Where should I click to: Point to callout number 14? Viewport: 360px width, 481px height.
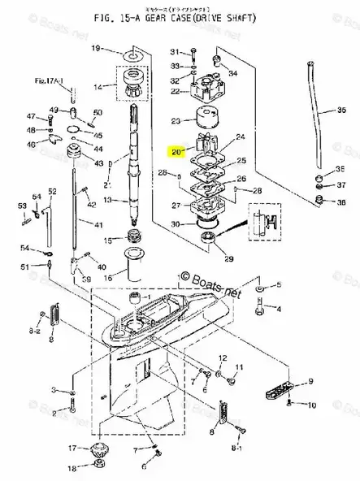[x=98, y=86]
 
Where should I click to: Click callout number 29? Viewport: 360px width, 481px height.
[x=228, y=259]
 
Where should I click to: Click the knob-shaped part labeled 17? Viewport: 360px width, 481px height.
[x=101, y=448]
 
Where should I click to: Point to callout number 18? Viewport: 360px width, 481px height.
[x=72, y=468]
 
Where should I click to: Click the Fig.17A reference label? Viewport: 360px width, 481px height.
[x=46, y=81]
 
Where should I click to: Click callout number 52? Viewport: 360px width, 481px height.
[x=52, y=191]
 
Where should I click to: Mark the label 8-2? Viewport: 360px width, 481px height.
[x=35, y=332]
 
